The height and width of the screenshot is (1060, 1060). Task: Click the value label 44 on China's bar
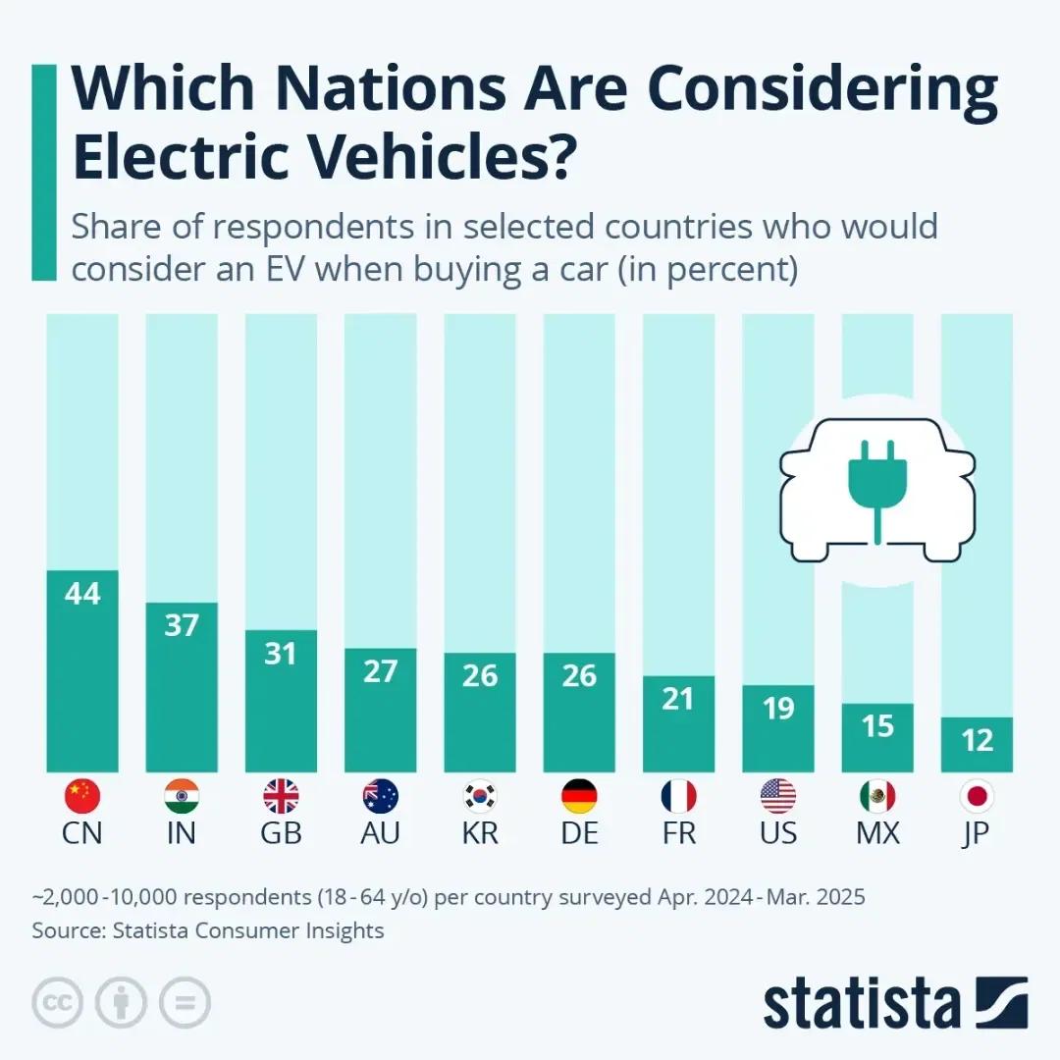pos(82,594)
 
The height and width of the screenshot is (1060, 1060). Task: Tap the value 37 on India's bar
pos(182,625)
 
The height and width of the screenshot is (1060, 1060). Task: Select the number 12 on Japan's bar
pos(977,740)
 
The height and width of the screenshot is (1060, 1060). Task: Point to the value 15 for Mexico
pos(877,725)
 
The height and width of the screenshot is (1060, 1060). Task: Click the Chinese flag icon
pos(82,796)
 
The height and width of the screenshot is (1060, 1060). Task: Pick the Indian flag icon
pos(182,796)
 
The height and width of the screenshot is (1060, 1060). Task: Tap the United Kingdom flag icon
pos(281,796)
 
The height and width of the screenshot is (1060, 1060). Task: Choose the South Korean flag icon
pos(480,796)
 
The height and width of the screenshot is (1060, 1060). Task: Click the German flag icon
pos(579,796)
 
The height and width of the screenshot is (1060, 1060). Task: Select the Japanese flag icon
pos(977,796)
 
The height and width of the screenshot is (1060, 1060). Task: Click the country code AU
pos(380,834)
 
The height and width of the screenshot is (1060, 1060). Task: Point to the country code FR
pos(678,834)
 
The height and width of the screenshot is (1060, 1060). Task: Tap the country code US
pos(778,834)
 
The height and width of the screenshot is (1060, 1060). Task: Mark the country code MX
pos(877,834)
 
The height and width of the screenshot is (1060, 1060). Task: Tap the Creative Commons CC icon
pos(57,1002)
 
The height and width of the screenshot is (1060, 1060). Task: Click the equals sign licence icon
pos(185,1002)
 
